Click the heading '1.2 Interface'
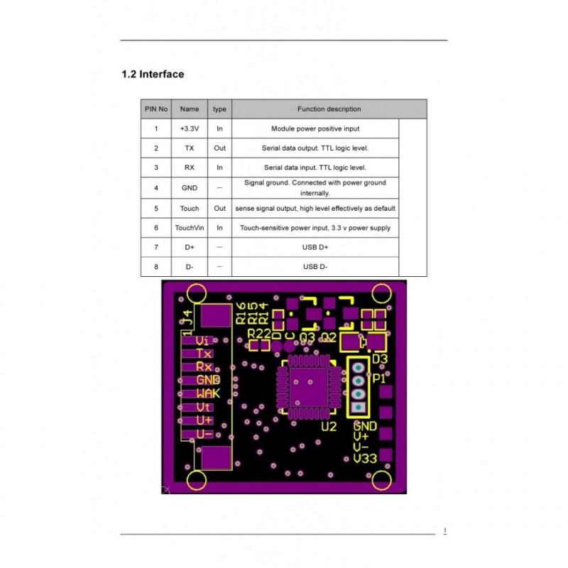coord(153,74)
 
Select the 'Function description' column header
coord(329,109)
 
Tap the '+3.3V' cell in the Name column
coord(190,129)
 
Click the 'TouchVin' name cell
coord(190,228)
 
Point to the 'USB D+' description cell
coord(315,247)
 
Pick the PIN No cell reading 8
coord(156,267)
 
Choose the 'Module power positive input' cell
coord(315,129)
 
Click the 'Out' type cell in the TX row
coord(219,148)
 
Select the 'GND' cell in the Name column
coord(190,188)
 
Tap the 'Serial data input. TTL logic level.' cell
coord(315,168)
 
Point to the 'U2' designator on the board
coord(328,427)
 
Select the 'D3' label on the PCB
coord(380,359)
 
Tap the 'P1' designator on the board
coord(378,379)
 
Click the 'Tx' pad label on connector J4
coord(204,354)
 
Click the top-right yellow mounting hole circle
coord(381,293)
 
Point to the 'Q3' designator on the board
coord(308,336)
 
